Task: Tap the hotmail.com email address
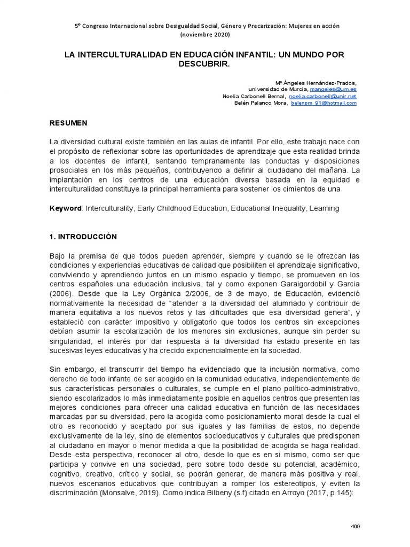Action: (x=324, y=103)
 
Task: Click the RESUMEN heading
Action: (x=68, y=123)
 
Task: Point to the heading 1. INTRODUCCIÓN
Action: (x=83, y=236)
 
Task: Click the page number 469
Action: (x=355, y=526)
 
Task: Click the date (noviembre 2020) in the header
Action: (x=206, y=34)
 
